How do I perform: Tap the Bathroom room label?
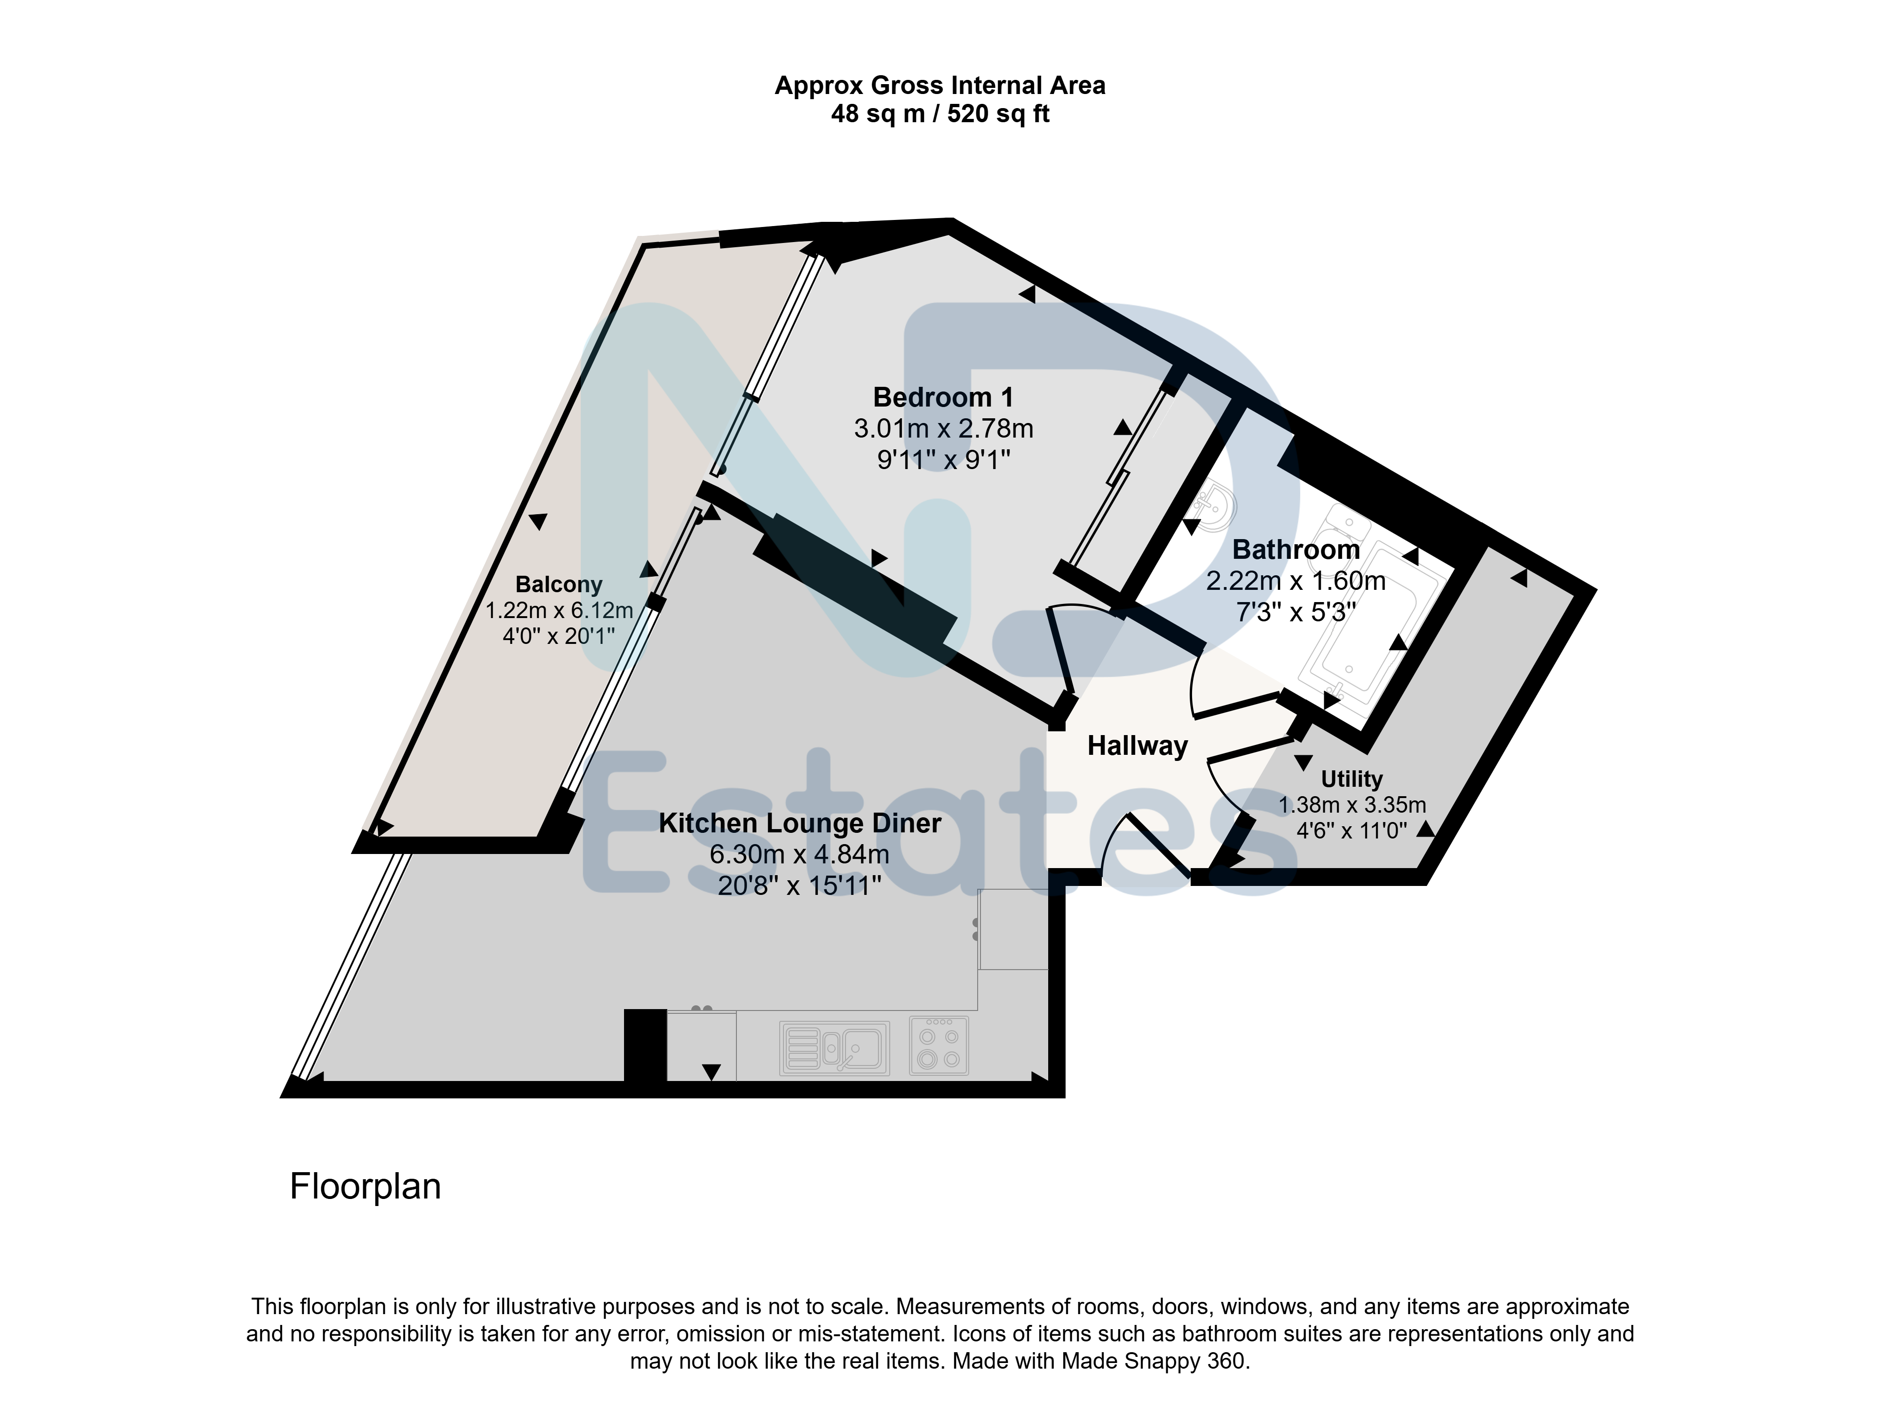[x=1296, y=550]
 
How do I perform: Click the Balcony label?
[x=559, y=585]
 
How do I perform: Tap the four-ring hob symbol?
[x=939, y=1046]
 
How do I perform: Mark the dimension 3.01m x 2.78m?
[x=944, y=428]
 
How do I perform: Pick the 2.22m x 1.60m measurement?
[x=1296, y=581]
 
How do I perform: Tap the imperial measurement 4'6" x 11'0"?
[x=1352, y=830]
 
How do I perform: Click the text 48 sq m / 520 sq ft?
[x=940, y=114]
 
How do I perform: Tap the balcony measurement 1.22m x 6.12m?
[x=559, y=610]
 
